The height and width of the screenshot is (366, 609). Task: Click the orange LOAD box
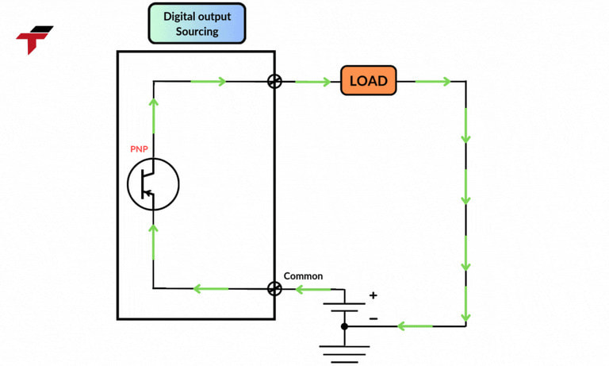[368, 81]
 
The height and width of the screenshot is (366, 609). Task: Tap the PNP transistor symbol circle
[153, 184]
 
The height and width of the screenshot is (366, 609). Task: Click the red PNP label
[140, 148]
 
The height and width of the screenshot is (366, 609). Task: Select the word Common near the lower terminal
[303, 275]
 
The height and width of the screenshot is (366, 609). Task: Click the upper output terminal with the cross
[274, 81]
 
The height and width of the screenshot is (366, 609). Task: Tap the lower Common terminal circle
[274, 289]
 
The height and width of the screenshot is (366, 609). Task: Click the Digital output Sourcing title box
[197, 23]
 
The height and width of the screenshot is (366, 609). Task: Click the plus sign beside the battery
[373, 295]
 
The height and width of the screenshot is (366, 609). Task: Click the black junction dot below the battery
[344, 326]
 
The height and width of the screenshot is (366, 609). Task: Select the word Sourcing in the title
[197, 32]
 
